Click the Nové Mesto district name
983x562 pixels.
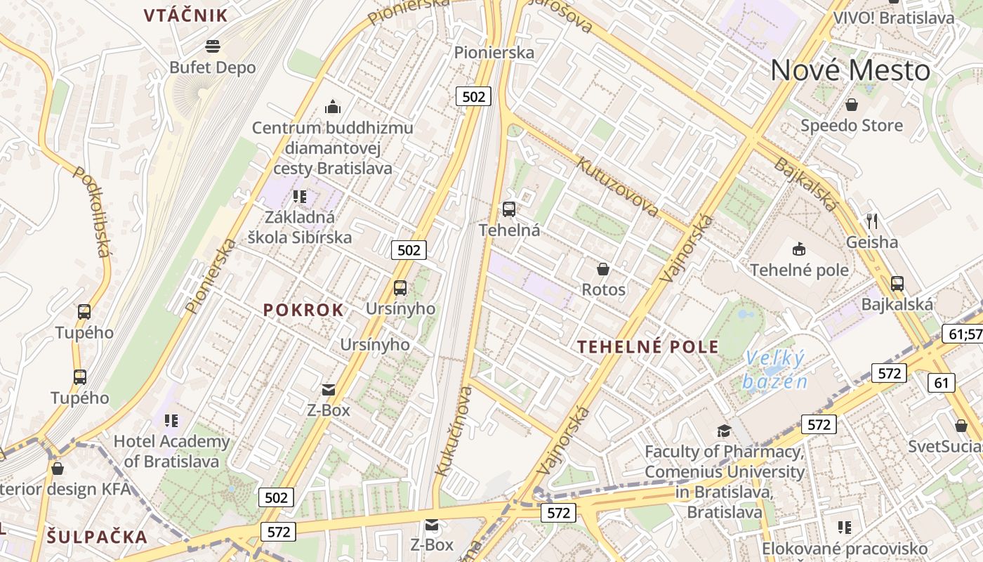tap(850, 71)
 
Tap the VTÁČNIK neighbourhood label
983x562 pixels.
tap(186, 15)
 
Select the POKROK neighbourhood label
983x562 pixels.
tap(303, 310)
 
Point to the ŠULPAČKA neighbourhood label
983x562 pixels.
tap(98, 537)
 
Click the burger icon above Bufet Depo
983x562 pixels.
tap(213, 47)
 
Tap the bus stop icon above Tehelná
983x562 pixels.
tap(509, 209)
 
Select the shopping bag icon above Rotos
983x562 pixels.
tap(602, 269)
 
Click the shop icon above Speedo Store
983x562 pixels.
tap(852, 105)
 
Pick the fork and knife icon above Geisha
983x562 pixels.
tap(872, 221)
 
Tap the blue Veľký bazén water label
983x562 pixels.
tap(775, 370)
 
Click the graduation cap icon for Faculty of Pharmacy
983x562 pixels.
tap(724, 431)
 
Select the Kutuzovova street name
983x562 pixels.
tap(616, 187)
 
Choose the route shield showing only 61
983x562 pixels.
tap(941, 383)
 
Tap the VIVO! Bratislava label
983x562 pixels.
tap(893, 18)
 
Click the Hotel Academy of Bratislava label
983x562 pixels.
tap(172, 451)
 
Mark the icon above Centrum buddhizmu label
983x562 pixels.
tap(333, 107)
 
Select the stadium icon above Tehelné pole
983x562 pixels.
tap(799, 249)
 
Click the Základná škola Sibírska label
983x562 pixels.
tap(300, 227)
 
